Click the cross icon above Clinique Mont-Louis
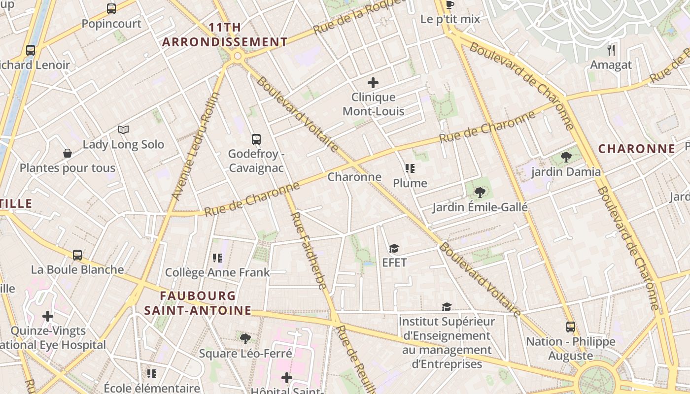[373, 83]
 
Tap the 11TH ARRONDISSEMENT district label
[225, 35]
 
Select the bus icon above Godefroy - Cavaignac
[256, 139]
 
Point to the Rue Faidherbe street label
[308, 251]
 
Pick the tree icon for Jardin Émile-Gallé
[479, 193]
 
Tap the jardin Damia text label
[566, 172]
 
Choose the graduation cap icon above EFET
[394, 248]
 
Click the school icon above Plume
[410, 169]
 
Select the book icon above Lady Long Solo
[123, 130]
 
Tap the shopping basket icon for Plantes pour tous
[68, 154]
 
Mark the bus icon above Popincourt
[111, 9]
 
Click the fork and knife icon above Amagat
[611, 50]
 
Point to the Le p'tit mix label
[450, 19]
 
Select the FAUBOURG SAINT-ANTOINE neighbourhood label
[198, 303]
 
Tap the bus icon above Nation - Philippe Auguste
[570, 327]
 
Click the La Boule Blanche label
[77, 269]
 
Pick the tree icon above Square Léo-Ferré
[245, 339]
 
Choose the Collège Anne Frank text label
[217, 272]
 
